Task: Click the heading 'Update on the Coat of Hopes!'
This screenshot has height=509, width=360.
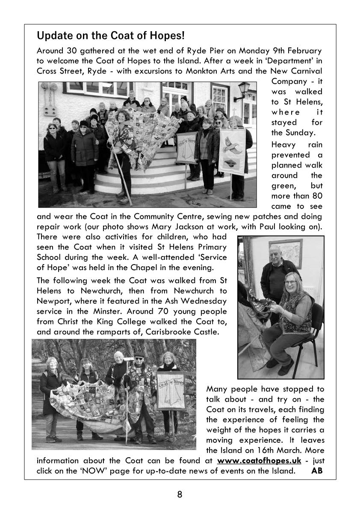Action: (x=111, y=35)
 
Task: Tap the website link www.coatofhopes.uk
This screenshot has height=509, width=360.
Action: (x=259, y=461)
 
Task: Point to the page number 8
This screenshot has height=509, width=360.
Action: (x=180, y=494)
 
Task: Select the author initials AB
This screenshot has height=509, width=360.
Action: (x=317, y=471)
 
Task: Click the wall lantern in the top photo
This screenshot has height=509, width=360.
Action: (x=244, y=90)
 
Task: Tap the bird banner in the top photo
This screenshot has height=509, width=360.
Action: (x=232, y=150)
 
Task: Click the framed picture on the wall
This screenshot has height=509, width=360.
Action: (x=286, y=253)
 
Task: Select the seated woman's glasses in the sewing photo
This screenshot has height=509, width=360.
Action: (x=291, y=282)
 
